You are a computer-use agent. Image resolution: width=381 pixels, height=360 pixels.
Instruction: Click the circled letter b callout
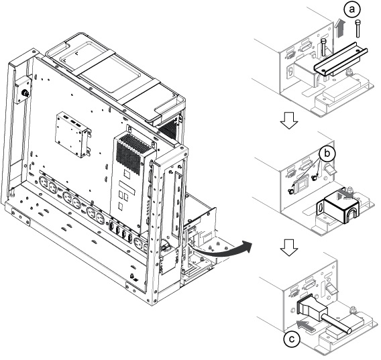click(x=327, y=154)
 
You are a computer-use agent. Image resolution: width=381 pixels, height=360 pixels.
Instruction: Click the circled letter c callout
click(x=292, y=339)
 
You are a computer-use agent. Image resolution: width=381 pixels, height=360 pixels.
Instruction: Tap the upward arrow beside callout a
click(x=340, y=29)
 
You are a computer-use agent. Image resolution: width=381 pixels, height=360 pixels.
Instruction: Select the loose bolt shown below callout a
click(x=358, y=29)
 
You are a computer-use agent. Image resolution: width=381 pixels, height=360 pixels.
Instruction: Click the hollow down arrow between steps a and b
click(x=289, y=120)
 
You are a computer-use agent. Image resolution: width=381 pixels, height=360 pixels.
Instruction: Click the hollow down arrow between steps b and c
click(x=289, y=247)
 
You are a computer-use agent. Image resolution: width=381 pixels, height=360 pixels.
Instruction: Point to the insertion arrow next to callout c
click(x=306, y=326)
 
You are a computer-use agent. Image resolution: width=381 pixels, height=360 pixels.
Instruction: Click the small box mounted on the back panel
click(x=72, y=134)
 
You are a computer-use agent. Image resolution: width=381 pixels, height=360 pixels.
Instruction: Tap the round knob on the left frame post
click(x=25, y=93)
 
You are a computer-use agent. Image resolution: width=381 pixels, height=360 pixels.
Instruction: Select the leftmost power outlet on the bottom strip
click(x=44, y=182)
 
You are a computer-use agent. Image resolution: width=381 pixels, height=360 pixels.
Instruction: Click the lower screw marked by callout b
click(x=290, y=191)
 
